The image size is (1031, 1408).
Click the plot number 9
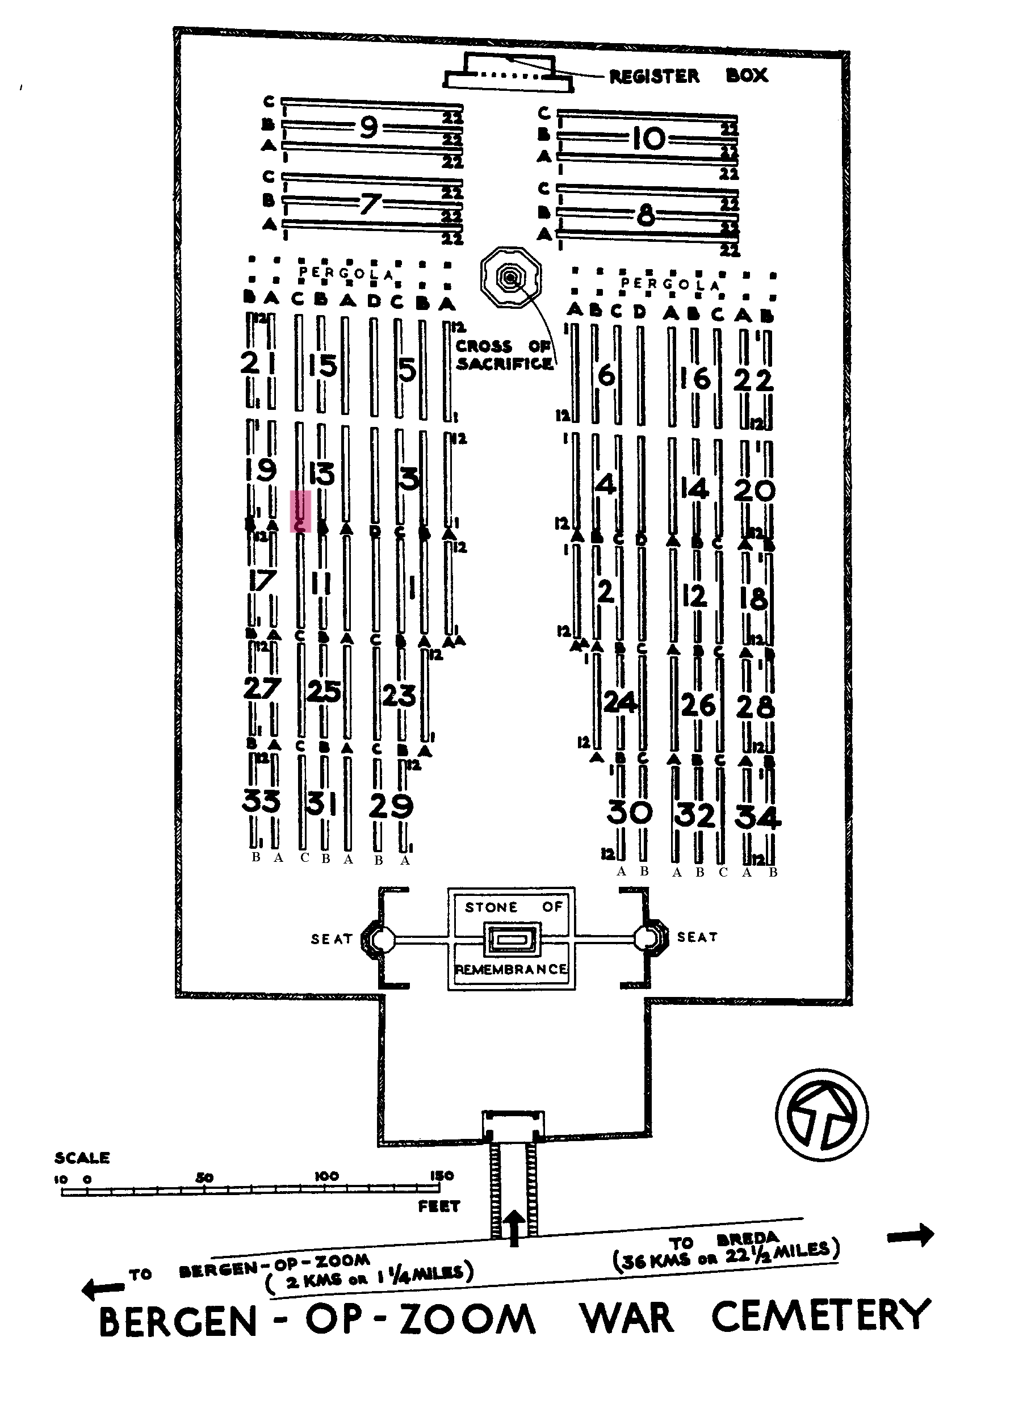(369, 127)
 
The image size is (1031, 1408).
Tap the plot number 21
(258, 363)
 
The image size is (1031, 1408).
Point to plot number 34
(757, 817)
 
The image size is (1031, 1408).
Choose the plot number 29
(391, 806)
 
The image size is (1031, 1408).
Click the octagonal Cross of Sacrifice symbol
(511, 277)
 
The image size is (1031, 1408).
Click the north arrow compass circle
(822, 1115)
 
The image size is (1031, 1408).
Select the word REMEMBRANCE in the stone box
(511, 969)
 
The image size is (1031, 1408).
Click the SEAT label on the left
(332, 938)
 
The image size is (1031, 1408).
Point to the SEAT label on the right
(697, 937)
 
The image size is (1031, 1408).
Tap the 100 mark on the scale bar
(326, 1176)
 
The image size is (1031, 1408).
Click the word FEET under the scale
(439, 1206)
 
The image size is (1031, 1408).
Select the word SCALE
(82, 1158)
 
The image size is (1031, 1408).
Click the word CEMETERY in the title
(821, 1317)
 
